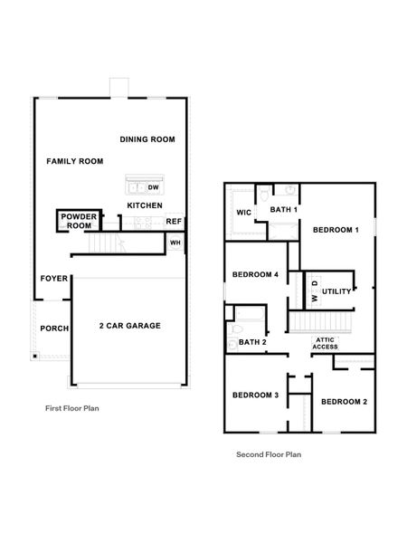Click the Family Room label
click(x=75, y=161)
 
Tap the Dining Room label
click(x=147, y=139)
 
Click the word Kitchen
click(x=145, y=205)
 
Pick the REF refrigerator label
click(x=174, y=222)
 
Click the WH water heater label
click(x=175, y=243)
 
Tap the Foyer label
click(x=53, y=279)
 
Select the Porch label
click(x=54, y=329)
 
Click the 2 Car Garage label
click(x=129, y=325)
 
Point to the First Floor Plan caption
click(x=72, y=408)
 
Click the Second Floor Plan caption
click(x=269, y=454)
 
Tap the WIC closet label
click(x=243, y=213)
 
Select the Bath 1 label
click(x=283, y=209)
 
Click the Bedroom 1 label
click(x=336, y=230)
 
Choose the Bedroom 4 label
click(x=255, y=275)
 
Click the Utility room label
click(x=336, y=291)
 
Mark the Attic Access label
click(x=326, y=343)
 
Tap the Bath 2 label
click(x=252, y=342)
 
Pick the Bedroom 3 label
click(x=255, y=395)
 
